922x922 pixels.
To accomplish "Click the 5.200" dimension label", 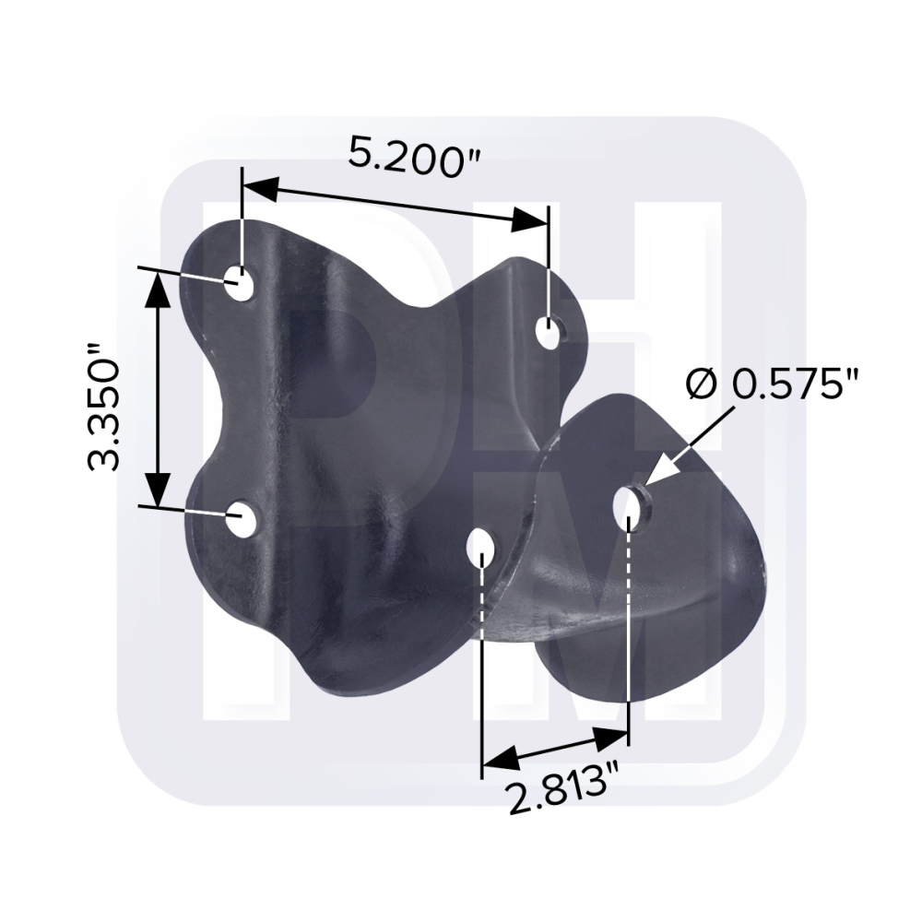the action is pos(414,157).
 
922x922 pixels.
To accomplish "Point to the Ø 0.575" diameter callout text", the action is pos(773,384).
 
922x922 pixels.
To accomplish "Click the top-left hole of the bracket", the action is pos(240,283).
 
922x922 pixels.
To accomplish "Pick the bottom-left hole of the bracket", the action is pos(240,518).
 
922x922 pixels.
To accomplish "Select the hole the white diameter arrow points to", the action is pos(629,505).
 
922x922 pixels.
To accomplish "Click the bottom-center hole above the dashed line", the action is pos(480,546).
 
